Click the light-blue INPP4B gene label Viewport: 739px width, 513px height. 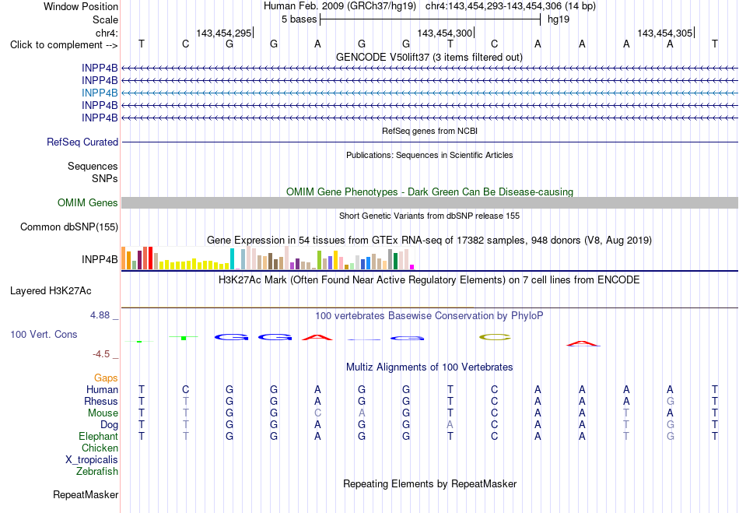[100, 93]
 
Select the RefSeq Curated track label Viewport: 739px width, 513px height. [82, 142]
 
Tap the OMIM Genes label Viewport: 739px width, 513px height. [88, 202]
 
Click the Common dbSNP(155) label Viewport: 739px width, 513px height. [69, 227]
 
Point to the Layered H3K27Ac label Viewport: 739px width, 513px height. [51, 291]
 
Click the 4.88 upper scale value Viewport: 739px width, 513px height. [100, 315]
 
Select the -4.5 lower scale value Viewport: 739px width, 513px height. [101, 354]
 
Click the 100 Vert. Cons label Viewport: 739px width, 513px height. [44, 334]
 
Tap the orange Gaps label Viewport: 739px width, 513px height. [106, 378]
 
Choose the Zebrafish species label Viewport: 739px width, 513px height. [97, 471]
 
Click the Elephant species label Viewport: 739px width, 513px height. [98, 436]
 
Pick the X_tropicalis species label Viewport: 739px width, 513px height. [92, 460]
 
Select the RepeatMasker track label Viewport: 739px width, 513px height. [86, 494]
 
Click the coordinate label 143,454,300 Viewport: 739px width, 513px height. [444, 33]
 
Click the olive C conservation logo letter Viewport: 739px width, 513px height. [495, 337]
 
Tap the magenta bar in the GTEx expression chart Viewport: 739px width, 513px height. [412, 267]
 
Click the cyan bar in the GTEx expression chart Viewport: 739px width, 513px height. [232, 259]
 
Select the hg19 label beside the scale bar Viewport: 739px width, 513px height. [559, 19]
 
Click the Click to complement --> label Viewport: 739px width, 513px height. [64, 45]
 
